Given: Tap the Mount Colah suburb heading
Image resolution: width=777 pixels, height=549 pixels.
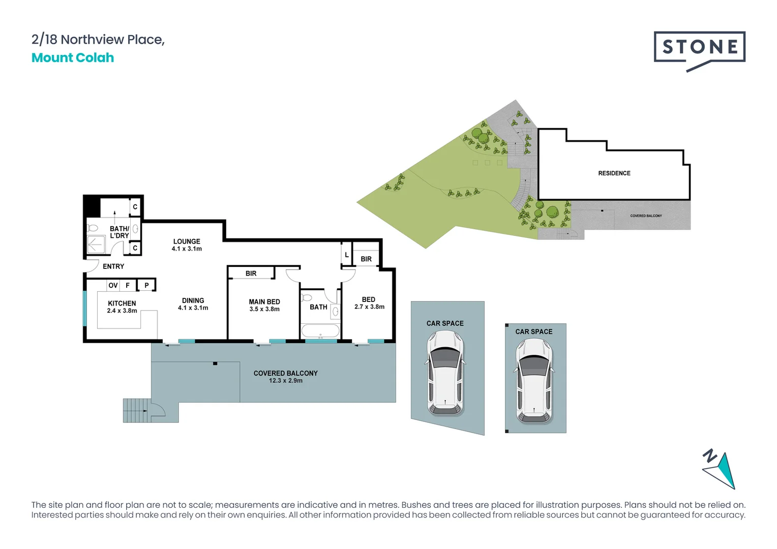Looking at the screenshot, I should coord(73,58).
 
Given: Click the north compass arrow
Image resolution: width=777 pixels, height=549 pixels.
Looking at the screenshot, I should coord(720,470).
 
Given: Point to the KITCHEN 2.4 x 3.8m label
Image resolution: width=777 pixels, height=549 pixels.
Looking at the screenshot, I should coord(122,307).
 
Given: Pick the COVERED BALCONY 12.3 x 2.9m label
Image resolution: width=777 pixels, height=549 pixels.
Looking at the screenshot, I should coord(285,377).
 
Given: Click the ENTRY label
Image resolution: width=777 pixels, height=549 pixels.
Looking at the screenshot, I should coord(113,266).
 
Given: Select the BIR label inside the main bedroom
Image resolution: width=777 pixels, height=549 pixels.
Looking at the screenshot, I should coord(251,273).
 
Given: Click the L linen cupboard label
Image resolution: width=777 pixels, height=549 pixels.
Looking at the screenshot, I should coord(347,255).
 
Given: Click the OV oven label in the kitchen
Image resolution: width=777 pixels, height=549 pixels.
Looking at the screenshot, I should coord(113,286).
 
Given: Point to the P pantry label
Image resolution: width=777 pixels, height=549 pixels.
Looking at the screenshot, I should coord(146,286).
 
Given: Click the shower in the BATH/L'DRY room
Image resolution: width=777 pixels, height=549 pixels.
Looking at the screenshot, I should coord(96,245).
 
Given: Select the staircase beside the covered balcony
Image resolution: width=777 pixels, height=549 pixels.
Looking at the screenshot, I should coord(136,410).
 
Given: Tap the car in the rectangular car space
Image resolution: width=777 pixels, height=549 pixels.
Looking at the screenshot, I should coord(534,381).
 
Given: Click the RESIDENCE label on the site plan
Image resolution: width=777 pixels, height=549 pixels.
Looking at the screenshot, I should coord(614,173).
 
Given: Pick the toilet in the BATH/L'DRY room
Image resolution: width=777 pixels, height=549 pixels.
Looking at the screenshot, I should coord(93,228).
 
